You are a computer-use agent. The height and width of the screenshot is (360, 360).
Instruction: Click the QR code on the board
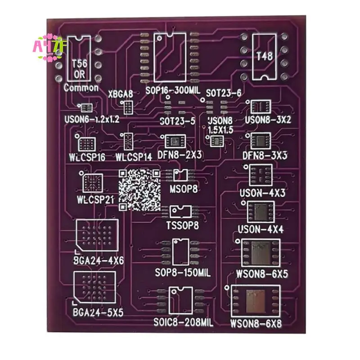tap(139, 190)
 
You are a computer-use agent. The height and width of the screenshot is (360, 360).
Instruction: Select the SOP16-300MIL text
tap(173, 90)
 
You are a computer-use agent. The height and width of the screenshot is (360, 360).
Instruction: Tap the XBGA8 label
tap(121, 94)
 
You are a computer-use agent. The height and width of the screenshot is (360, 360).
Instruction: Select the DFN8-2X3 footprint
tap(175, 142)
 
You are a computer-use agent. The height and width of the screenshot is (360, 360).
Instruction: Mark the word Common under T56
tap(81, 88)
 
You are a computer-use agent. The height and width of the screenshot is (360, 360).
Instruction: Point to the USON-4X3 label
tap(263, 193)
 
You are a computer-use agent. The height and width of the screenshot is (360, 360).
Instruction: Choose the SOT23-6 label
tap(224, 93)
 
